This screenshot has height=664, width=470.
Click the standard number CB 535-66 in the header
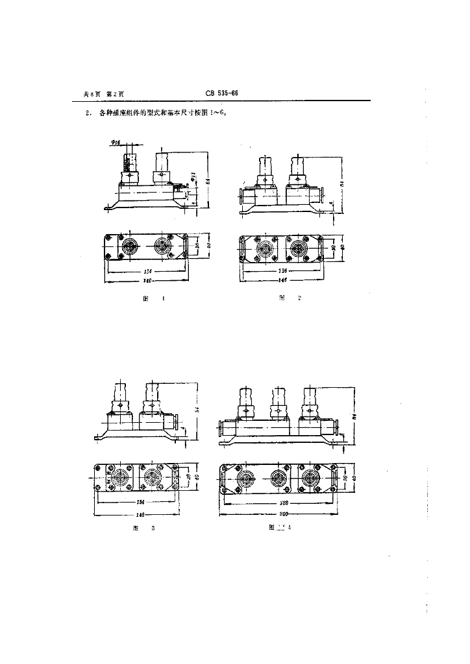[x=222, y=93]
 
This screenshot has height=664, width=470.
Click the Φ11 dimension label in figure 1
[x=193, y=175]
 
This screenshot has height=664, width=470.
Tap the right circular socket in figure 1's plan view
[x=162, y=247]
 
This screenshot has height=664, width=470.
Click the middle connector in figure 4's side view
[x=277, y=405]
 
